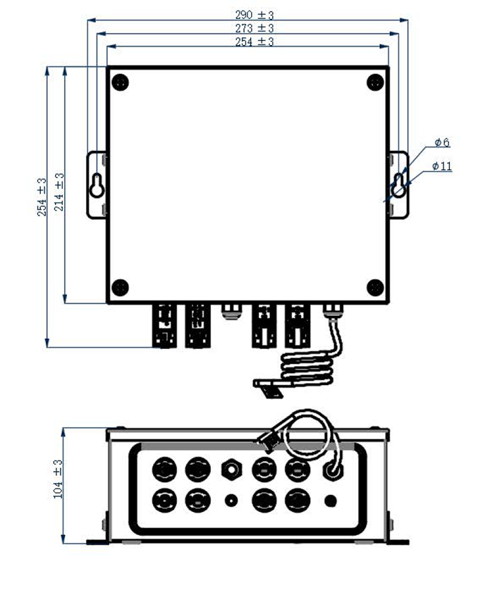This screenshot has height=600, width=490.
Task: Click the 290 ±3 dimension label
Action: (x=255, y=15)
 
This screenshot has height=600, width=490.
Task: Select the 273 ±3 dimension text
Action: (x=255, y=28)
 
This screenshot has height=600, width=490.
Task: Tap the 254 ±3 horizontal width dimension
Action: (x=255, y=42)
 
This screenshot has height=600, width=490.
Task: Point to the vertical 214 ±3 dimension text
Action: (x=59, y=192)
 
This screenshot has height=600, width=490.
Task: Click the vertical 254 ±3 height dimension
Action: (x=42, y=197)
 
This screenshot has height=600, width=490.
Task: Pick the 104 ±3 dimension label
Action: (x=58, y=479)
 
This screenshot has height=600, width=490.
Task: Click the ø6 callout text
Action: (x=442, y=142)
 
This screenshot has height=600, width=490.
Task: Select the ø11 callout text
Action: (x=442, y=166)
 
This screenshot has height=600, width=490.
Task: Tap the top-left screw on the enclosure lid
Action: (x=120, y=82)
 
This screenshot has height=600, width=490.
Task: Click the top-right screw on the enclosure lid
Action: (x=375, y=82)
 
